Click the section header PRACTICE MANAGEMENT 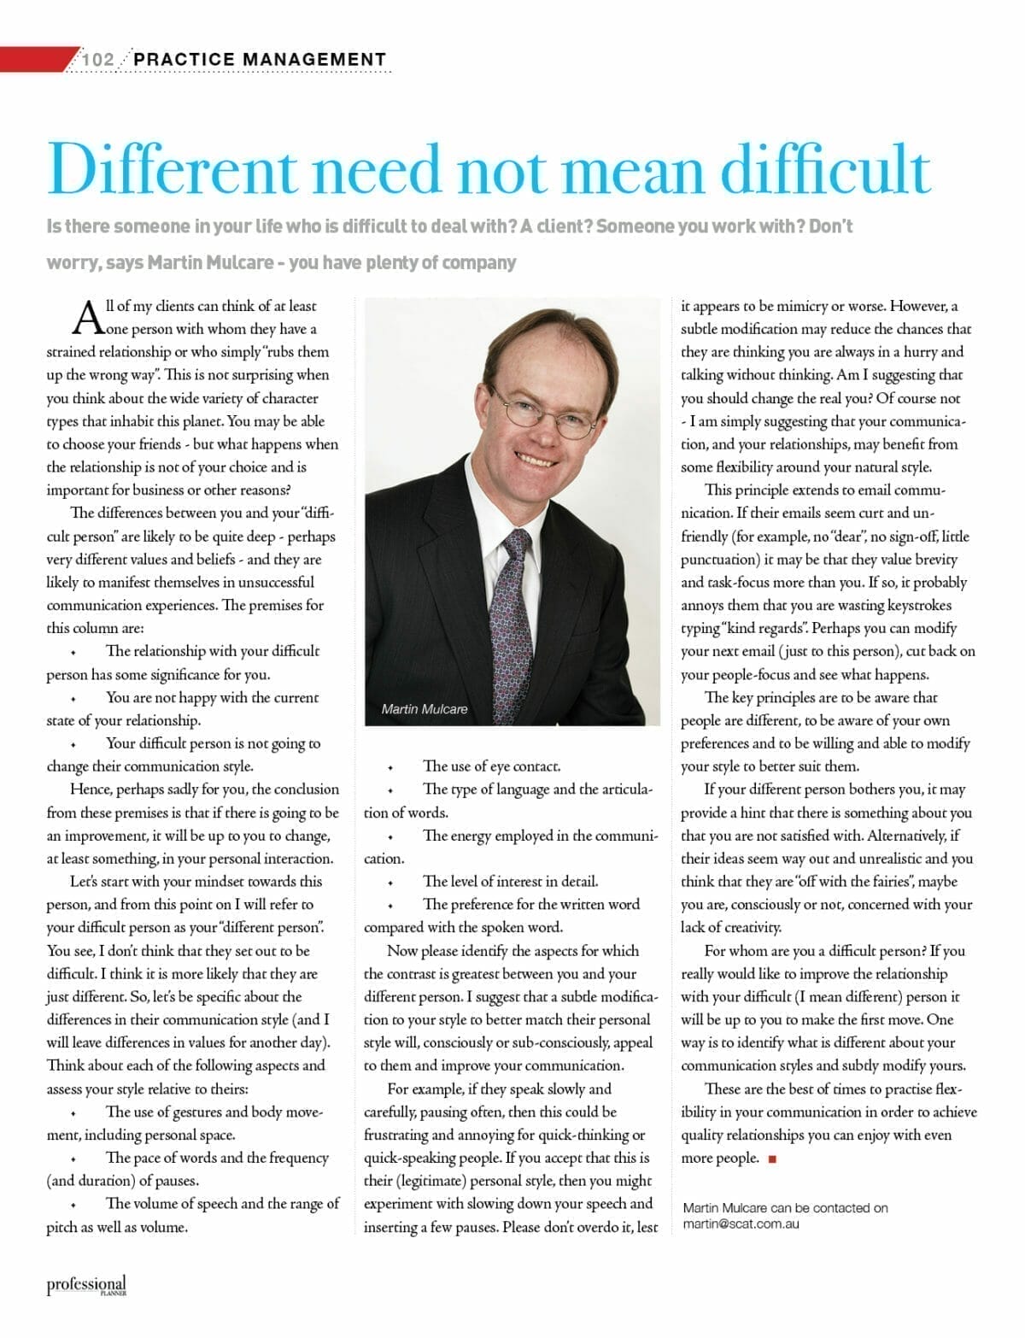tap(260, 59)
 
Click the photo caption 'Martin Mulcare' tap(425, 709)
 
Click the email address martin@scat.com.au tap(741, 1224)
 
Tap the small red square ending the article tap(772, 1159)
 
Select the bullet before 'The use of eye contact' tap(389, 767)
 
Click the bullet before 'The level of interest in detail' tap(389, 883)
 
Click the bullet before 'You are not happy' tap(73, 699)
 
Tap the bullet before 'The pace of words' tap(73, 1159)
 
